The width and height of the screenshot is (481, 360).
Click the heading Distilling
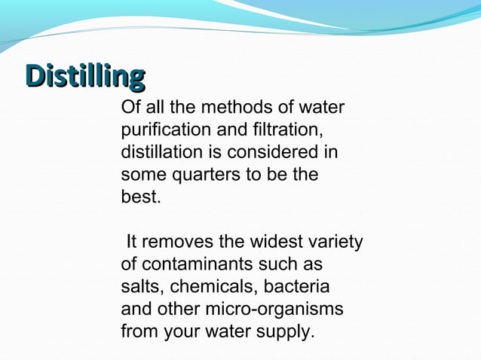coord(84,76)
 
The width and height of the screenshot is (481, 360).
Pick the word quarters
coord(209,175)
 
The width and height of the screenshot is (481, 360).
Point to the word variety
coord(334,243)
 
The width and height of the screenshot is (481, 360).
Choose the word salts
coord(142,287)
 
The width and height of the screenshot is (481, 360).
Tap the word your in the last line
coord(180,331)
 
